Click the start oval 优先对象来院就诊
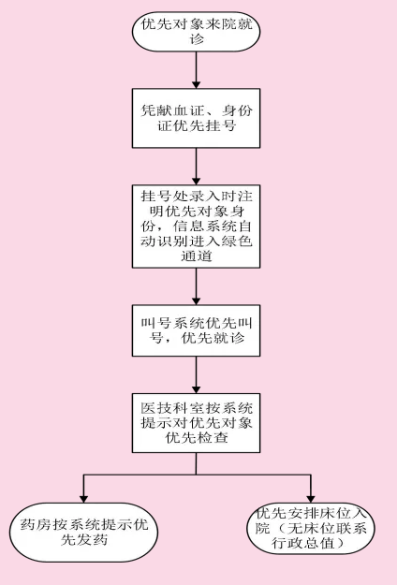click(196, 32)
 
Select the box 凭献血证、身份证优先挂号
click(196, 118)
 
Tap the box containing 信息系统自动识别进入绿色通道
click(196, 227)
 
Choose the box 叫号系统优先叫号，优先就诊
click(196, 330)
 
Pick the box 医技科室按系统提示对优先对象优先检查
click(196, 423)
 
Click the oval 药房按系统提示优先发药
click(84, 533)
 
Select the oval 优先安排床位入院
click(311, 528)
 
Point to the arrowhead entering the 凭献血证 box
click(196, 84)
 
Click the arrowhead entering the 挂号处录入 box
click(196, 181)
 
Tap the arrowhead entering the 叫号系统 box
click(196, 300)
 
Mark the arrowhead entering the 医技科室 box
click(196, 389)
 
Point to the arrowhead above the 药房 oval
click(83, 499)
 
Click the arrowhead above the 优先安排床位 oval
click(311, 499)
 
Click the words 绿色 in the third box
click(237, 241)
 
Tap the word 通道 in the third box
click(197, 256)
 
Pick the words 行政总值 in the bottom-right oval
click(303, 543)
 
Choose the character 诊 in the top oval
click(197, 39)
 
